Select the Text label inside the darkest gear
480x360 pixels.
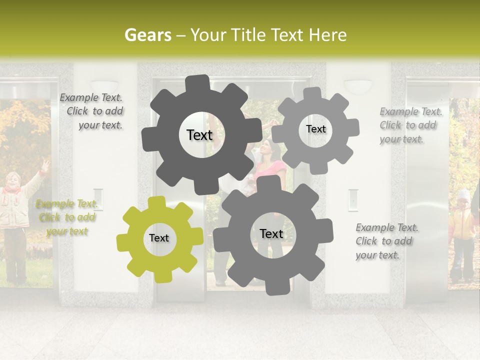pyautogui.click(x=199, y=135)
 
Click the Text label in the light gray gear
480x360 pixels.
pyautogui.click(x=315, y=129)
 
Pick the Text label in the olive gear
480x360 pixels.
pyautogui.click(x=159, y=238)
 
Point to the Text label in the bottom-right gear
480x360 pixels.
pyautogui.click(x=271, y=233)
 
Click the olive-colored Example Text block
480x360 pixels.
pyautogui.click(x=67, y=217)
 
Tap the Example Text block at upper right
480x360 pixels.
pyautogui.click(x=410, y=125)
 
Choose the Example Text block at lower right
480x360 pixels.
pyautogui.click(x=386, y=241)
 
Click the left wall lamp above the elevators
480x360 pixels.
pyautogui.click(x=104, y=85)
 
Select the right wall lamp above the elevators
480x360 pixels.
pyautogui.click(x=358, y=85)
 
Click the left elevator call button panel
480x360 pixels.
pyautogui.click(x=98, y=199)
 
